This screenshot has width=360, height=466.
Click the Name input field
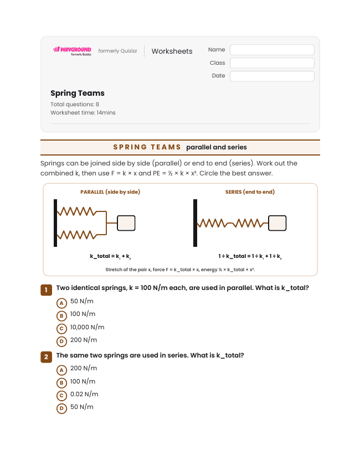pyautogui.click(x=272, y=50)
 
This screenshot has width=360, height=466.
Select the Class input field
pyautogui.click(x=272, y=63)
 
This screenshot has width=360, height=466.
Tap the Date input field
pyautogui.click(x=272, y=76)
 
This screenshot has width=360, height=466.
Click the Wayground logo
pyautogui.click(x=73, y=51)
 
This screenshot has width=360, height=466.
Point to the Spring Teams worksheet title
pyautogui.click(x=78, y=93)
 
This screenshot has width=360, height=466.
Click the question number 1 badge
pyautogui.click(x=46, y=290)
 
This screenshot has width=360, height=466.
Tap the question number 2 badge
pyautogui.click(x=46, y=357)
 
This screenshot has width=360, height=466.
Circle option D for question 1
pyautogui.click(x=61, y=341)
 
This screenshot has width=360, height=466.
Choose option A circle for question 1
pyautogui.click(x=61, y=303)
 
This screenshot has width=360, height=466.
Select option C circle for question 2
pyautogui.click(x=61, y=396)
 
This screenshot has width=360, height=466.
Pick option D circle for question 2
pyautogui.click(x=61, y=408)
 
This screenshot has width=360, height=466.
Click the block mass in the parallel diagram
pyautogui.click(x=126, y=223)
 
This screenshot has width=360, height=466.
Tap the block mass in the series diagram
pyautogui.click(x=277, y=223)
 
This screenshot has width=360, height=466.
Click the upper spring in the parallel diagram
pyautogui.click(x=77, y=211)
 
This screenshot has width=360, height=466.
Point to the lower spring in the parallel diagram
pyautogui.click(x=77, y=235)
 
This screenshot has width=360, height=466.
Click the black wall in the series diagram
pyautogui.click(x=195, y=223)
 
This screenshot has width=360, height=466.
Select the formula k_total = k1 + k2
pyautogui.click(x=110, y=256)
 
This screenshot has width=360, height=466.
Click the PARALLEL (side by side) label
pyautogui.click(x=110, y=192)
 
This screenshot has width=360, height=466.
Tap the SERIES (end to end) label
pyautogui.click(x=250, y=192)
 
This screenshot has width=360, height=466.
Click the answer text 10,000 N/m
pyautogui.click(x=87, y=327)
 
